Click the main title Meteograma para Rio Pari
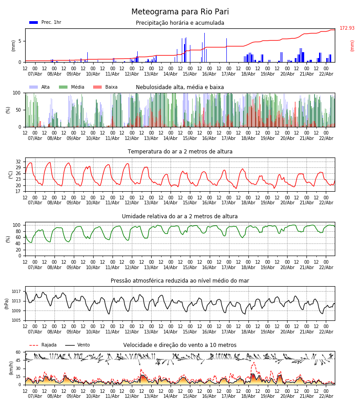click(180, 12)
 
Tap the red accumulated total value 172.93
click(347, 28)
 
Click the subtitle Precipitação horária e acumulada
click(180, 23)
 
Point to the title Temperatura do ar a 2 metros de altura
click(180, 152)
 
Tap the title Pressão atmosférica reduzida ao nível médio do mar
click(180, 281)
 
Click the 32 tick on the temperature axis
click(18, 162)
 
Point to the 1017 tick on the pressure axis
click(17, 291)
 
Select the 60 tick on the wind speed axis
click(18, 352)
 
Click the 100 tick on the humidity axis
click(17, 225)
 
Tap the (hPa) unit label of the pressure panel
click(7, 303)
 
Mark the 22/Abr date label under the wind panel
click(326, 396)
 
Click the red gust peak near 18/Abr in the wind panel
click(253, 362)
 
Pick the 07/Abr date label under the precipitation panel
click(35, 74)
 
